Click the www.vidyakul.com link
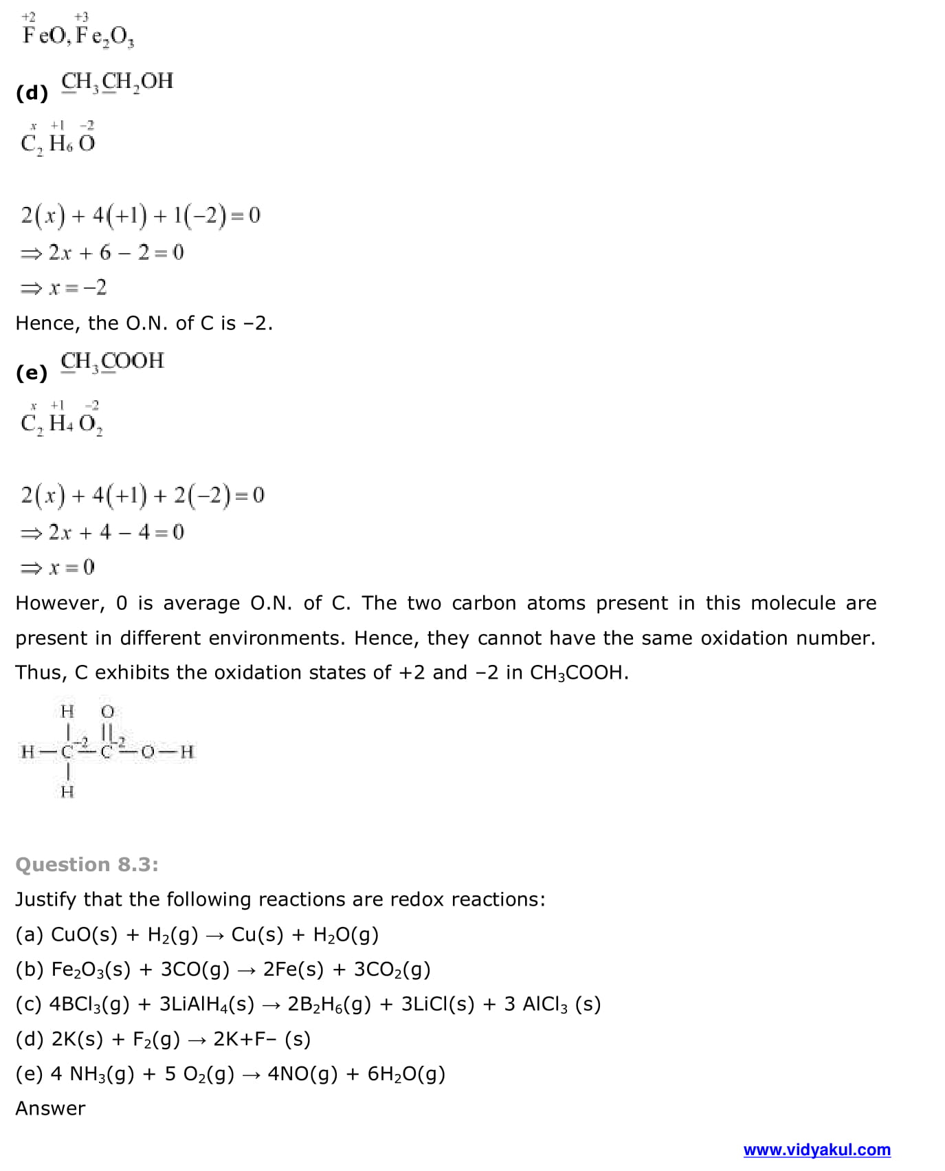click(x=816, y=1150)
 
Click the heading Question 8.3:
click(x=87, y=864)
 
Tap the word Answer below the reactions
click(x=50, y=1108)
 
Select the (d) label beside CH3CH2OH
click(x=32, y=93)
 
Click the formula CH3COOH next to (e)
click(x=113, y=361)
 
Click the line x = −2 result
click(x=64, y=287)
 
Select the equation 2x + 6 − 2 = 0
click(x=102, y=252)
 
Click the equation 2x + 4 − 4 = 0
click(x=102, y=532)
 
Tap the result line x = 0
click(x=58, y=567)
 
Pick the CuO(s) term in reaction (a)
click(x=85, y=934)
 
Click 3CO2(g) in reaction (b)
click(x=392, y=970)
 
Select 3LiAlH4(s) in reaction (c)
click(x=207, y=1005)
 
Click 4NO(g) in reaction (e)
click(x=302, y=1074)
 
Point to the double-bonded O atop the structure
click(x=107, y=711)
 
